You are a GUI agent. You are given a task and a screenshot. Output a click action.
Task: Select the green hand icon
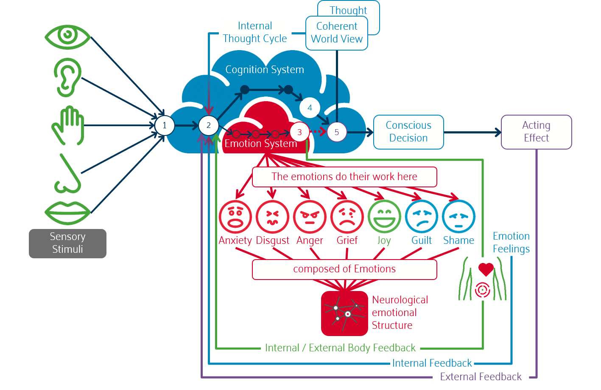coord(68,125)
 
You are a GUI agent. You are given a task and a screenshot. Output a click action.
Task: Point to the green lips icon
coord(68,212)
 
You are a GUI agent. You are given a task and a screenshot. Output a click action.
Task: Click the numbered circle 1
coord(165,126)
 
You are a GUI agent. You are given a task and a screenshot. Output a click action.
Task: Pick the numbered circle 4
coord(310,108)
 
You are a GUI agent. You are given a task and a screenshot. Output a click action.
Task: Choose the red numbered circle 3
coord(299,132)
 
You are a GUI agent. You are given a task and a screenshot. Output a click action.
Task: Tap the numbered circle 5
coord(337,132)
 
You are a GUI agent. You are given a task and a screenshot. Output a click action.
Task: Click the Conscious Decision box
coord(408,132)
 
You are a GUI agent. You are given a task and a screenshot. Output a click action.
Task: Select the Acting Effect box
coord(536,132)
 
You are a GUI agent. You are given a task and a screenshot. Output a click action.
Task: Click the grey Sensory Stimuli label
coord(67,243)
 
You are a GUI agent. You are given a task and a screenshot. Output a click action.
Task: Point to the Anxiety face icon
coord(235,217)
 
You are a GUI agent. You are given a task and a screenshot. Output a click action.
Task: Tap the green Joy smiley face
coord(384,217)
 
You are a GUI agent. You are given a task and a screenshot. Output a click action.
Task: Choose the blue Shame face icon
coord(458,217)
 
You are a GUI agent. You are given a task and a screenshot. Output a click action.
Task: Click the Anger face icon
coord(310,217)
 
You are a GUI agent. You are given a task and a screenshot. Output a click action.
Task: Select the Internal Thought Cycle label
coord(255,32)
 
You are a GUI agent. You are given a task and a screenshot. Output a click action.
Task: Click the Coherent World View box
coord(337,33)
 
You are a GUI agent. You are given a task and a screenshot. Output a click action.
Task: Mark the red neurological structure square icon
coord(344,314)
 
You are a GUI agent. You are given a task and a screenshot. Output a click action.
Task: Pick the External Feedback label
coord(481,377)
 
